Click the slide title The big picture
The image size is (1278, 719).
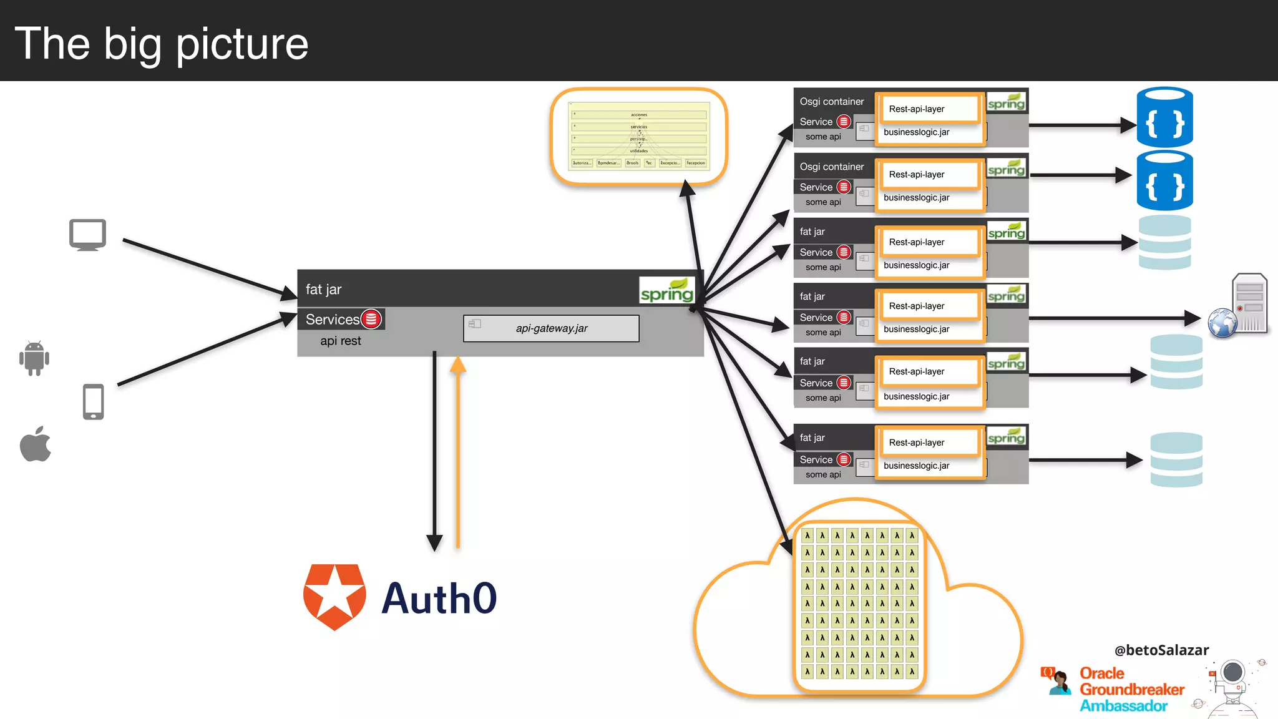click(161, 44)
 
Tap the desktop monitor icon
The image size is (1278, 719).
click(87, 235)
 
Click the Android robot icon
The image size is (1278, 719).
click(34, 358)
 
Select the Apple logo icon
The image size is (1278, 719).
click(36, 444)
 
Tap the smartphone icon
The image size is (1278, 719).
click(94, 401)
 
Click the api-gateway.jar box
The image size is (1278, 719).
click(551, 328)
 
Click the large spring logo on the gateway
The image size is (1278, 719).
click(667, 291)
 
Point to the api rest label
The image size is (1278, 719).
click(340, 341)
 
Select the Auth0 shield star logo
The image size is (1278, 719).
click(334, 597)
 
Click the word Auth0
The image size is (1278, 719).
click(439, 599)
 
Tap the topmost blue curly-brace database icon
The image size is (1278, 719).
click(1164, 118)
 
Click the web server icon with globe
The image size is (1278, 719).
click(1238, 306)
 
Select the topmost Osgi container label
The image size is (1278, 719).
click(832, 102)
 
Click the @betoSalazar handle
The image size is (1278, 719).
click(1161, 650)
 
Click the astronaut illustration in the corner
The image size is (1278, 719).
click(1232, 687)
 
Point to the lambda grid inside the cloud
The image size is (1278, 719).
click(859, 604)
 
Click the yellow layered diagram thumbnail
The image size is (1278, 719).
click(639, 137)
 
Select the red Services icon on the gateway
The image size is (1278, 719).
click(371, 319)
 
